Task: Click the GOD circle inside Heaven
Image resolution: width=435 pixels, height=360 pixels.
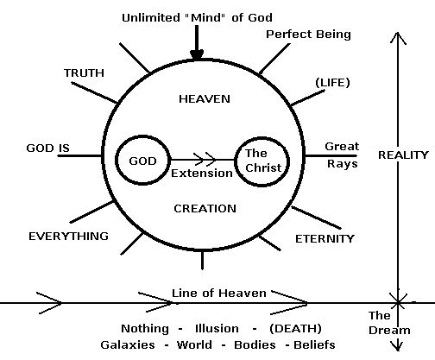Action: point(116,160)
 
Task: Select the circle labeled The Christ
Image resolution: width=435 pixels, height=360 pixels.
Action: point(236,161)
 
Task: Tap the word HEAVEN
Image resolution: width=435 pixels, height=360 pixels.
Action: point(205,99)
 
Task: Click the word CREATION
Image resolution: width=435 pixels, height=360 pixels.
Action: point(205,209)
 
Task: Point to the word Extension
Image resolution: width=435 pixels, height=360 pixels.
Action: point(202,174)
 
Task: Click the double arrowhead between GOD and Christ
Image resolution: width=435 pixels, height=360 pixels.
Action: point(205,159)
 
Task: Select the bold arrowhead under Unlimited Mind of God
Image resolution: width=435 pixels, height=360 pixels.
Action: point(197,55)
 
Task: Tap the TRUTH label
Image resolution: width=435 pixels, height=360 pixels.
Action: point(84,73)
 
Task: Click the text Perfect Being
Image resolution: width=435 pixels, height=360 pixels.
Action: point(308,35)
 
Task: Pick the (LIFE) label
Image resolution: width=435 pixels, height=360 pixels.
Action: point(333,83)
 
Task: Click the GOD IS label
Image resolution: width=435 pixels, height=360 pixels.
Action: point(48,148)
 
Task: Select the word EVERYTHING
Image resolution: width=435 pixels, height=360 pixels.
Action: point(68,237)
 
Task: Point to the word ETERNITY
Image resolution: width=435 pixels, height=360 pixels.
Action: point(325,239)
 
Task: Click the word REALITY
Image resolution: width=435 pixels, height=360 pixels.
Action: point(403,155)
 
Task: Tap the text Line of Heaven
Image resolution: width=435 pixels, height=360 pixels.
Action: point(219,294)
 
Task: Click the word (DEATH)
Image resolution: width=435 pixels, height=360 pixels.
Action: point(295,328)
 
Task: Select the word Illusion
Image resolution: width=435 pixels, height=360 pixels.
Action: point(217,328)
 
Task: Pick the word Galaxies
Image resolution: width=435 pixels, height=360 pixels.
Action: point(128,344)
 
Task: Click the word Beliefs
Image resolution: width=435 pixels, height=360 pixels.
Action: point(314,344)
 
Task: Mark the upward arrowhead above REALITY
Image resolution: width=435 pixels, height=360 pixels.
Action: point(398,38)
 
